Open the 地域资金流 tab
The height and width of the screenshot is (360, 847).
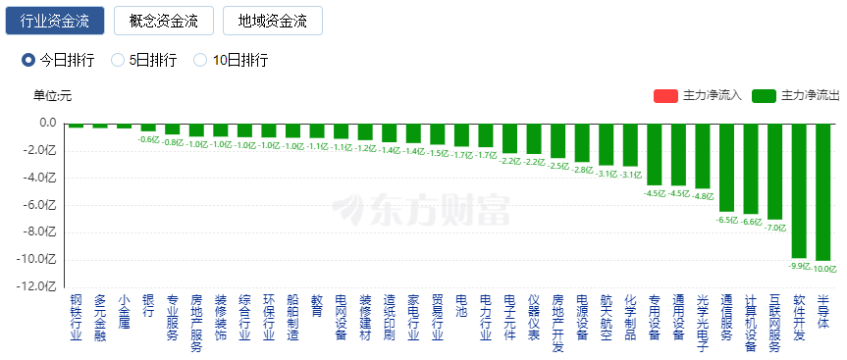(273, 21)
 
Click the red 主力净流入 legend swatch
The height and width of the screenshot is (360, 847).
(665, 95)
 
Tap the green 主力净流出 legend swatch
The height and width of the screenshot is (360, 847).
(764, 95)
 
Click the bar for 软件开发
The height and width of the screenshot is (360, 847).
(799, 190)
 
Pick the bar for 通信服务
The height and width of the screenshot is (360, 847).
(726, 168)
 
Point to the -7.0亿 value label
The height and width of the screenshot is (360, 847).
(775, 227)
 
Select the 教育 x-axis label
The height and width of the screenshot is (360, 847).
(316, 305)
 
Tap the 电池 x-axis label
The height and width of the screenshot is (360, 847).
(461, 305)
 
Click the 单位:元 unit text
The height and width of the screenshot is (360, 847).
(52, 95)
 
